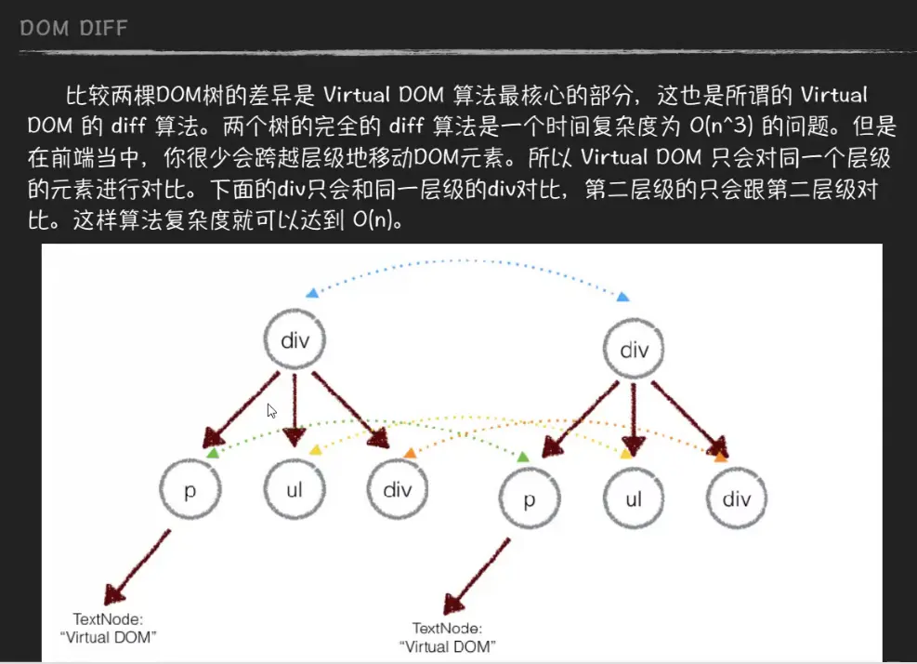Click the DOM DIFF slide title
tap(73, 29)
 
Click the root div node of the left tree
tap(295, 340)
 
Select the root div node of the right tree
tap(634, 351)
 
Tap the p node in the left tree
tap(190, 490)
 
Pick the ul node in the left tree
tap(295, 490)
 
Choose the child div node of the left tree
tap(398, 489)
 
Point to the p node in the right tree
tap(529, 499)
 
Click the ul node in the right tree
tap(634, 499)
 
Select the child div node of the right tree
tap(737, 499)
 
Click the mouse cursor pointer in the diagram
tap(271, 410)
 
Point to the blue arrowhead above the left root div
tap(312, 293)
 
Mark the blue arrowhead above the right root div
tap(623, 296)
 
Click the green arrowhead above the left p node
tap(213, 453)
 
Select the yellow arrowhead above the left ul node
tap(315, 450)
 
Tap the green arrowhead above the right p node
tap(523, 457)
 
